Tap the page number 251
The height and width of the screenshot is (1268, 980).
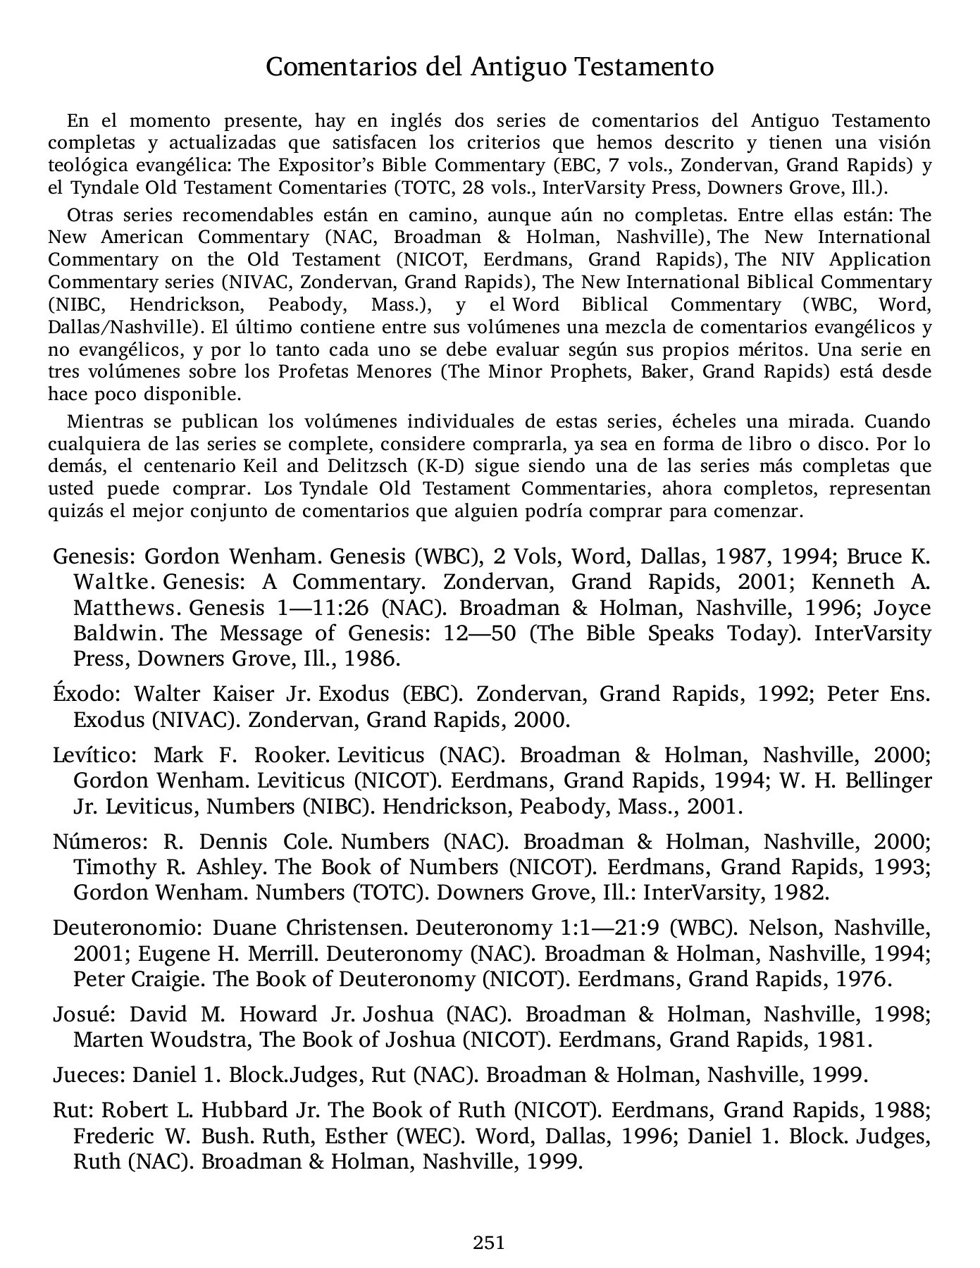[x=489, y=1242]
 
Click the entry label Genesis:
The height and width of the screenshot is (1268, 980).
[x=94, y=557]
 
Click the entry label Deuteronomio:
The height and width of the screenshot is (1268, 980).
[x=128, y=928]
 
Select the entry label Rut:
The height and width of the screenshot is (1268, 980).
[x=73, y=1110]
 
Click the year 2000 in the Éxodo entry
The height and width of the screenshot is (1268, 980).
[x=540, y=720]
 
